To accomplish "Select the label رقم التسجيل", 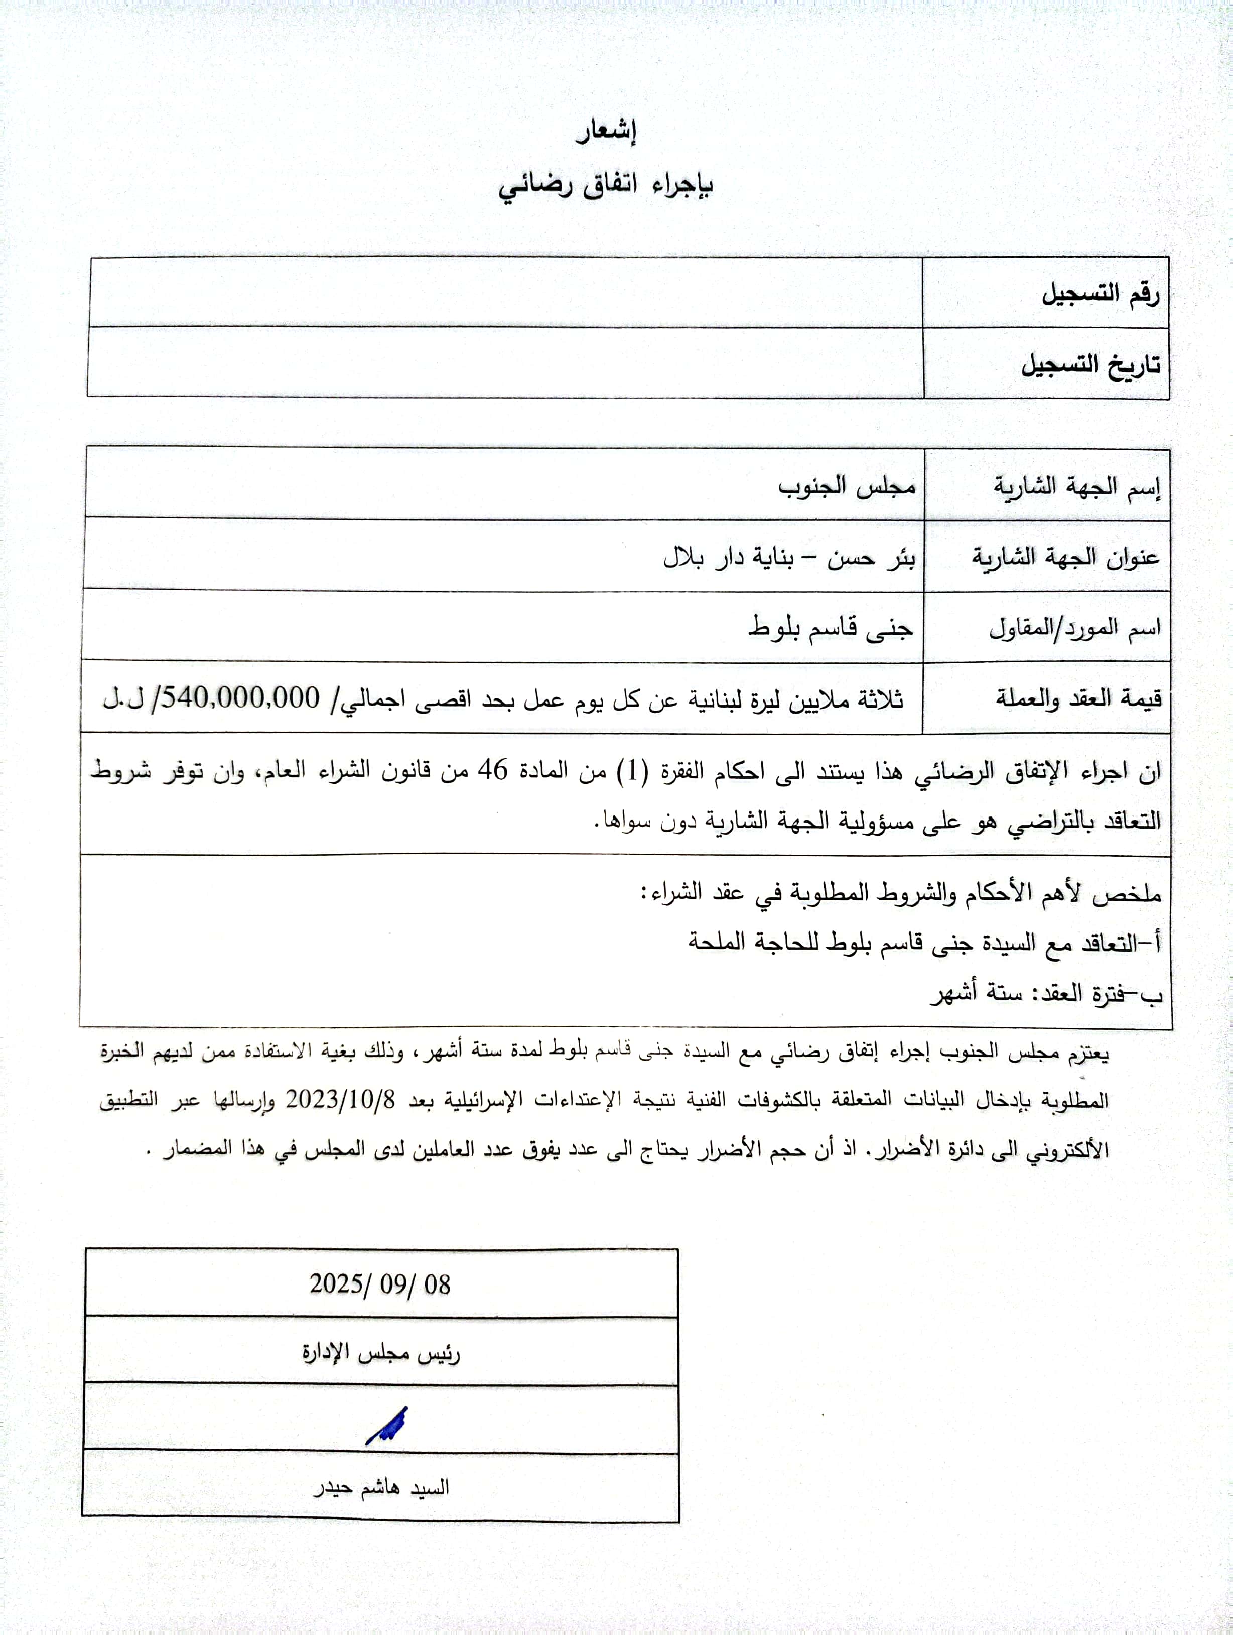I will pyautogui.click(x=1100, y=294).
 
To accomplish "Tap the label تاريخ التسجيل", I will pyautogui.click(x=1090, y=365).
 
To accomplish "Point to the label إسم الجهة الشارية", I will pyautogui.click(x=1076, y=487).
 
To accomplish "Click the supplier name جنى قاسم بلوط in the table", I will pyautogui.click(x=831, y=628).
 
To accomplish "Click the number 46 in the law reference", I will pyautogui.click(x=493, y=770).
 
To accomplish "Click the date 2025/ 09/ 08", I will pyautogui.click(x=380, y=1284).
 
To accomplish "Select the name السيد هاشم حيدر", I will pyautogui.click(x=382, y=1487).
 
